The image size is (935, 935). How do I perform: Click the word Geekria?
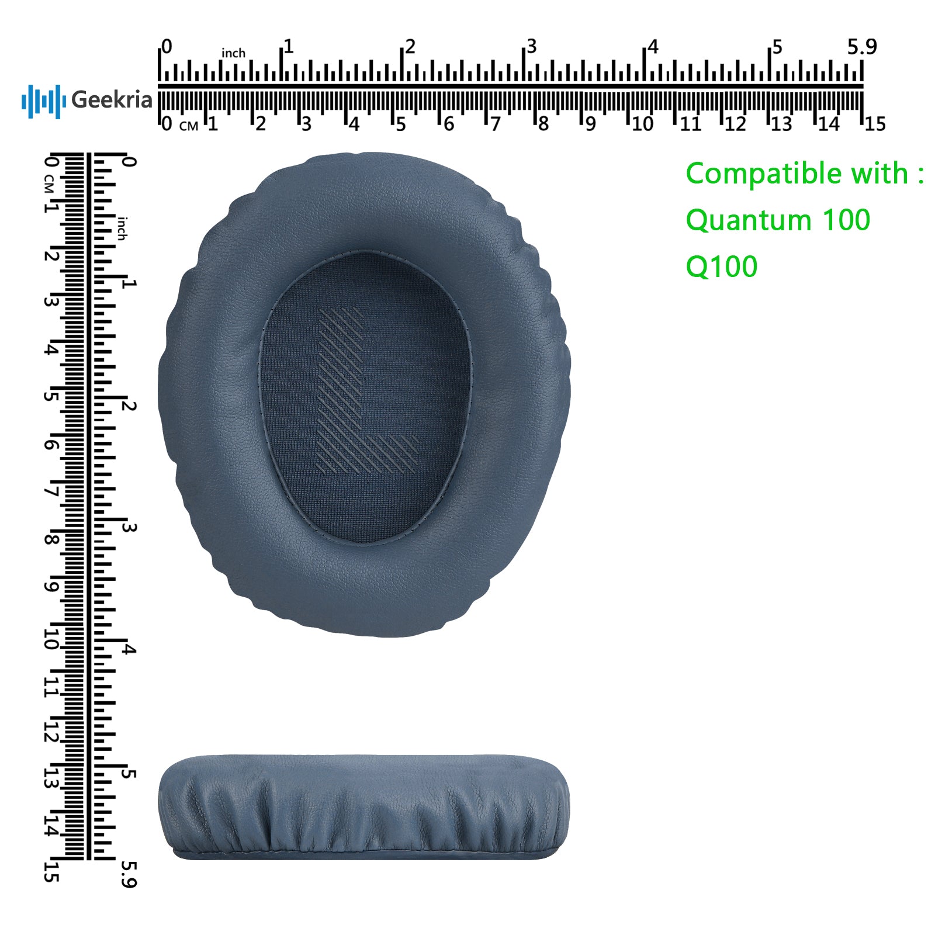coord(112,100)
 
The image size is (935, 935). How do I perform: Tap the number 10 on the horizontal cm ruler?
coord(642,124)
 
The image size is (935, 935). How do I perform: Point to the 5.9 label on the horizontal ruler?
coord(862,47)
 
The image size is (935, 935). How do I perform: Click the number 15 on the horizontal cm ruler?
coord(875,124)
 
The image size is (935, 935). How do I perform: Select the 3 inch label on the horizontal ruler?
coord(531,46)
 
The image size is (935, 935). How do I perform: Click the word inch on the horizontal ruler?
coord(233,53)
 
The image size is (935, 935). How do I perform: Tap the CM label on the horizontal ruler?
coord(189,126)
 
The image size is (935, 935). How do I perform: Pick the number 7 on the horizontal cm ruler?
coord(496,124)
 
